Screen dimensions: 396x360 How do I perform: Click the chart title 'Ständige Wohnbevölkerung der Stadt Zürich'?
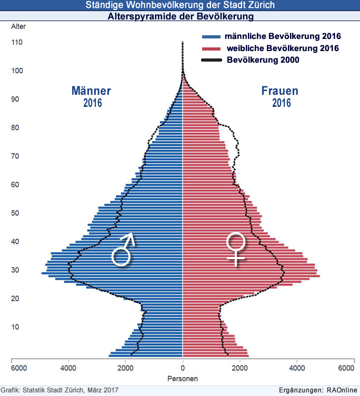tap(180, 6)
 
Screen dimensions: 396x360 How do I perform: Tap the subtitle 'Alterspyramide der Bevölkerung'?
tap(180, 17)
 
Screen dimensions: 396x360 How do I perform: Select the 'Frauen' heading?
tap(280, 91)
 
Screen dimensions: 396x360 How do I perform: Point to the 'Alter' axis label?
tap(17, 26)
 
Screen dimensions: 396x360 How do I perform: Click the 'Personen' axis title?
tap(183, 379)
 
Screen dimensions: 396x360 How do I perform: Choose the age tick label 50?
tap(16, 213)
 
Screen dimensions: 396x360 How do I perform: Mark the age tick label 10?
tap(16, 327)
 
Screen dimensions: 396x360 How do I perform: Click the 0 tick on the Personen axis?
tap(183, 368)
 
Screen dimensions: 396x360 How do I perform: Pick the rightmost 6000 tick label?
tap(346, 368)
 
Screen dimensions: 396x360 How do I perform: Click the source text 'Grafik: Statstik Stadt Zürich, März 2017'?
tap(59, 390)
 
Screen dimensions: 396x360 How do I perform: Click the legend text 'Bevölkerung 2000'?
tap(263, 60)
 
